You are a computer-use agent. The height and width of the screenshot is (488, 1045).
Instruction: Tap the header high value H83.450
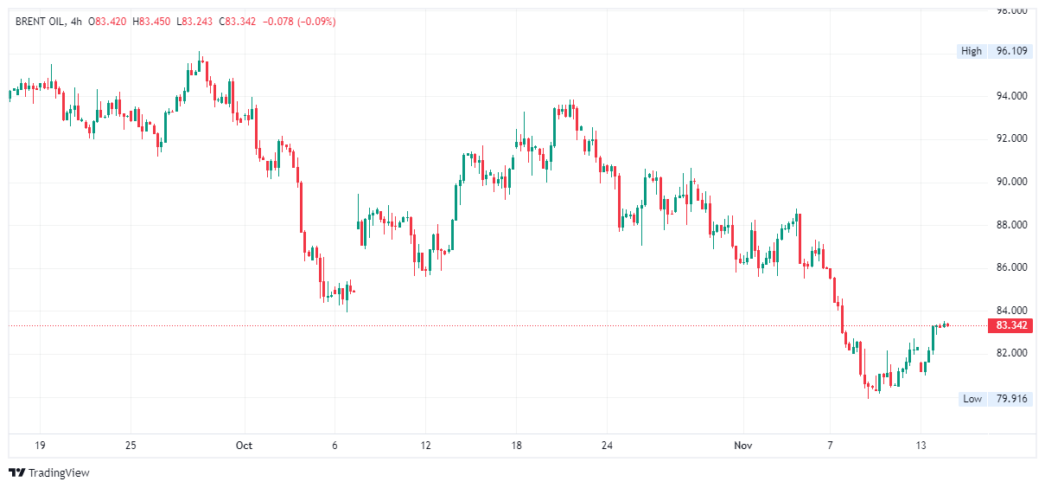(x=153, y=21)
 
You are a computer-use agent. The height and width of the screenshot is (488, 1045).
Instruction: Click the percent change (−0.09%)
(x=316, y=21)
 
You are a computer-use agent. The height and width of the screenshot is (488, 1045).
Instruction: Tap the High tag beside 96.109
(x=972, y=51)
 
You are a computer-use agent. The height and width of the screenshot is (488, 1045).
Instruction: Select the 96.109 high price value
(x=1011, y=51)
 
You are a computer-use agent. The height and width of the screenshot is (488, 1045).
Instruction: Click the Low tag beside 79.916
(x=972, y=399)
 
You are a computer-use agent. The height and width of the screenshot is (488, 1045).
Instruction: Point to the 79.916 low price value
(x=1011, y=399)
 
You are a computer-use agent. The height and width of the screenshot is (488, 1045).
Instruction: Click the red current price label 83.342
(x=1011, y=325)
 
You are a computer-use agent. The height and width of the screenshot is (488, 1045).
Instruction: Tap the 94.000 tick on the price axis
(x=1011, y=96)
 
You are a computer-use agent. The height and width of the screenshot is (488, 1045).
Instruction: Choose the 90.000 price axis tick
(x=1011, y=182)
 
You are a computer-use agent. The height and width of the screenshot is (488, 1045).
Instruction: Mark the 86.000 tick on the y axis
(x=1011, y=267)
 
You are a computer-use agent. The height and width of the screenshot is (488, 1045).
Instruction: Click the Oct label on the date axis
(x=244, y=446)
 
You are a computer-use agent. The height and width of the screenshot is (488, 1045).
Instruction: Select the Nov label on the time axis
(x=742, y=446)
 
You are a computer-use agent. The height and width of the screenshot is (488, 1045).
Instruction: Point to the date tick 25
(x=131, y=446)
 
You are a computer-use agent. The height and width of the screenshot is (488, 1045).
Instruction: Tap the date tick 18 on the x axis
(x=516, y=446)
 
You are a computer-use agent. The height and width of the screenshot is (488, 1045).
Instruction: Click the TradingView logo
(x=48, y=472)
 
